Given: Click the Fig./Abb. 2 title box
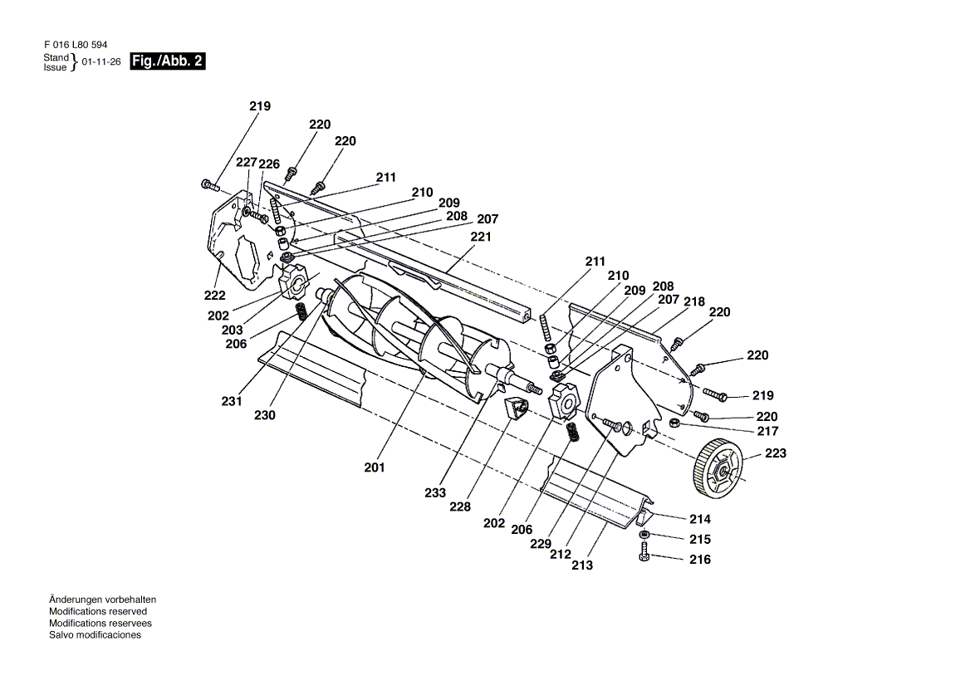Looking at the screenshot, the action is [x=167, y=61].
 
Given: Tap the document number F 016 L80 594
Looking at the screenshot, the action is [x=76, y=45].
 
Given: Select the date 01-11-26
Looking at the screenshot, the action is [x=101, y=61].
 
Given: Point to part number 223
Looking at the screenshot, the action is [x=775, y=453].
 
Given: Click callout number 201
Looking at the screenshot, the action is [x=375, y=467].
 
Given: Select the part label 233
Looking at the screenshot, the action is [x=435, y=492].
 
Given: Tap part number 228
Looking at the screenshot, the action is [x=459, y=506].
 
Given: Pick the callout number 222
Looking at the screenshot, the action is [x=214, y=295].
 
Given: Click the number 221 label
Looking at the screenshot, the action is [x=481, y=237].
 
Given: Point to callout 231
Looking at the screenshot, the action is [x=232, y=400].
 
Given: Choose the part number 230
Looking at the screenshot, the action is [x=264, y=415].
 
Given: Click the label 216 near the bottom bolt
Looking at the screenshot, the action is [x=699, y=559].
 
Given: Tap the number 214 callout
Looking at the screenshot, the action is [x=699, y=519].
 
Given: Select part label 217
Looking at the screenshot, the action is [x=767, y=431].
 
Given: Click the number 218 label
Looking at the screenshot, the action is [x=694, y=301].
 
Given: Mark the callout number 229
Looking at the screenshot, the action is [x=541, y=543].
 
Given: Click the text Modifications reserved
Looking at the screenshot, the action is [x=98, y=611].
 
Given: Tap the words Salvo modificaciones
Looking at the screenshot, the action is [x=95, y=635].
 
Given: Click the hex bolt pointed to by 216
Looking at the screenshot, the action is [x=644, y=552].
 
